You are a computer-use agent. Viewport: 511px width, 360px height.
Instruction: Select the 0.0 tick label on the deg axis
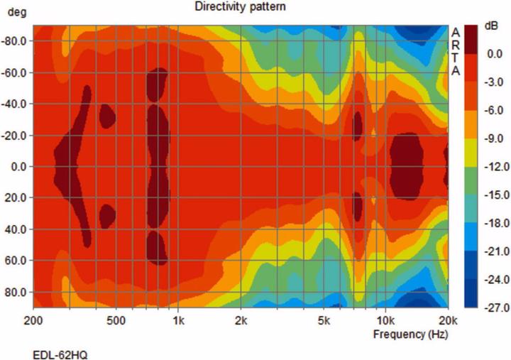19,167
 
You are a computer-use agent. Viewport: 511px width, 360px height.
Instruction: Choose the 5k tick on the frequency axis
325,320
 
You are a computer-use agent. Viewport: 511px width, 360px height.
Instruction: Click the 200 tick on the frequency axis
32,320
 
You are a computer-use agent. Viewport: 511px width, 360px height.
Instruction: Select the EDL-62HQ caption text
60,353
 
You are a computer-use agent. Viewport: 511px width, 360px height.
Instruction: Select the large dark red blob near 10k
407,165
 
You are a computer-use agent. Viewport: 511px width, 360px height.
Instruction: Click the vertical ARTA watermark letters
456,52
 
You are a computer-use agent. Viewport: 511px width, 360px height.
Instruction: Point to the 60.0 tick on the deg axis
18,261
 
